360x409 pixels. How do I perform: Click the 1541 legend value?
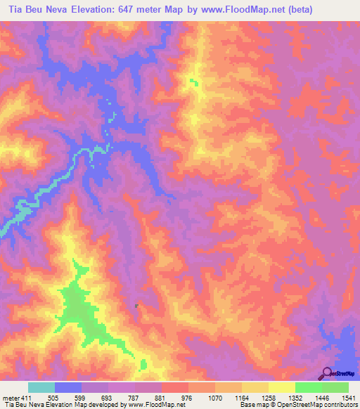[347, 397]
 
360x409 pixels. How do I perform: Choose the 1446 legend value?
[321, 397]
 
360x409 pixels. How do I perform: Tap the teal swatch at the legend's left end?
[41, 387]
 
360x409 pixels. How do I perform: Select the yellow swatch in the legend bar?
[281, 387]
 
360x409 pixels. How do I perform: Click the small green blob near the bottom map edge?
[143, 364]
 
